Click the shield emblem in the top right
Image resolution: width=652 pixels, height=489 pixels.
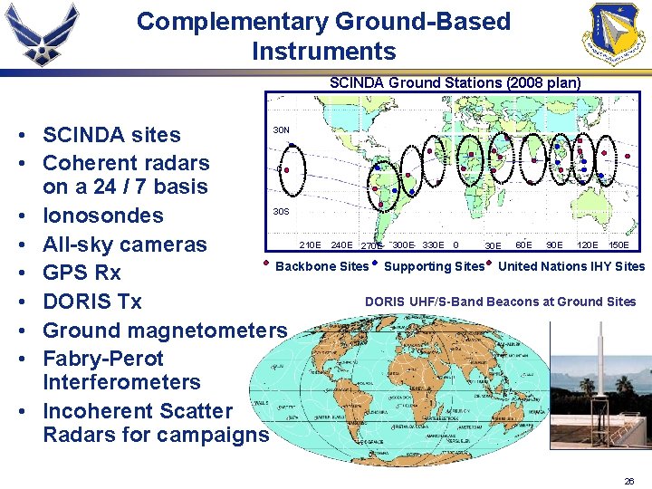click(617, 34)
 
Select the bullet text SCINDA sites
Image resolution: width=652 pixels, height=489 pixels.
click(111, 135)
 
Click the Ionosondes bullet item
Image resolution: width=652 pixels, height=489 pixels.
click(102, 216)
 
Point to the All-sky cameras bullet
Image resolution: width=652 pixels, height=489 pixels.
click(124, 244)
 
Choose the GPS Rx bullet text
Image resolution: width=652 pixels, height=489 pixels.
click(81, 273)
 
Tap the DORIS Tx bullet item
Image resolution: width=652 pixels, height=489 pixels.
click(92, 302)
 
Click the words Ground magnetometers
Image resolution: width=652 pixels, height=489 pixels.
click(165, 330)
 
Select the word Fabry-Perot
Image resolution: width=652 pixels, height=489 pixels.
click(103, 359)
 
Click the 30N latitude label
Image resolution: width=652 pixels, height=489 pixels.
click(282, 130)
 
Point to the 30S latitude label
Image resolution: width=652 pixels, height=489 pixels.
click(282, 212)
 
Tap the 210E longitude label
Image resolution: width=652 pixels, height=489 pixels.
click(310, 244)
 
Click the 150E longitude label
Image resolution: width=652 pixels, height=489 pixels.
click(618, 244)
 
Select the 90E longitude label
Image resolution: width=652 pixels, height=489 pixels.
click(553, 244)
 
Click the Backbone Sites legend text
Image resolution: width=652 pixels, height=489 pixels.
click(321, 266)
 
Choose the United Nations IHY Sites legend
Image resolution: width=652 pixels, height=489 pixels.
click(571, 266)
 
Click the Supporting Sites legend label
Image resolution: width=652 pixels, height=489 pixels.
click(434, 266)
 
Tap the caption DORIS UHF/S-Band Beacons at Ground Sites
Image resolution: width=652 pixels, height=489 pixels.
click(500, 302)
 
